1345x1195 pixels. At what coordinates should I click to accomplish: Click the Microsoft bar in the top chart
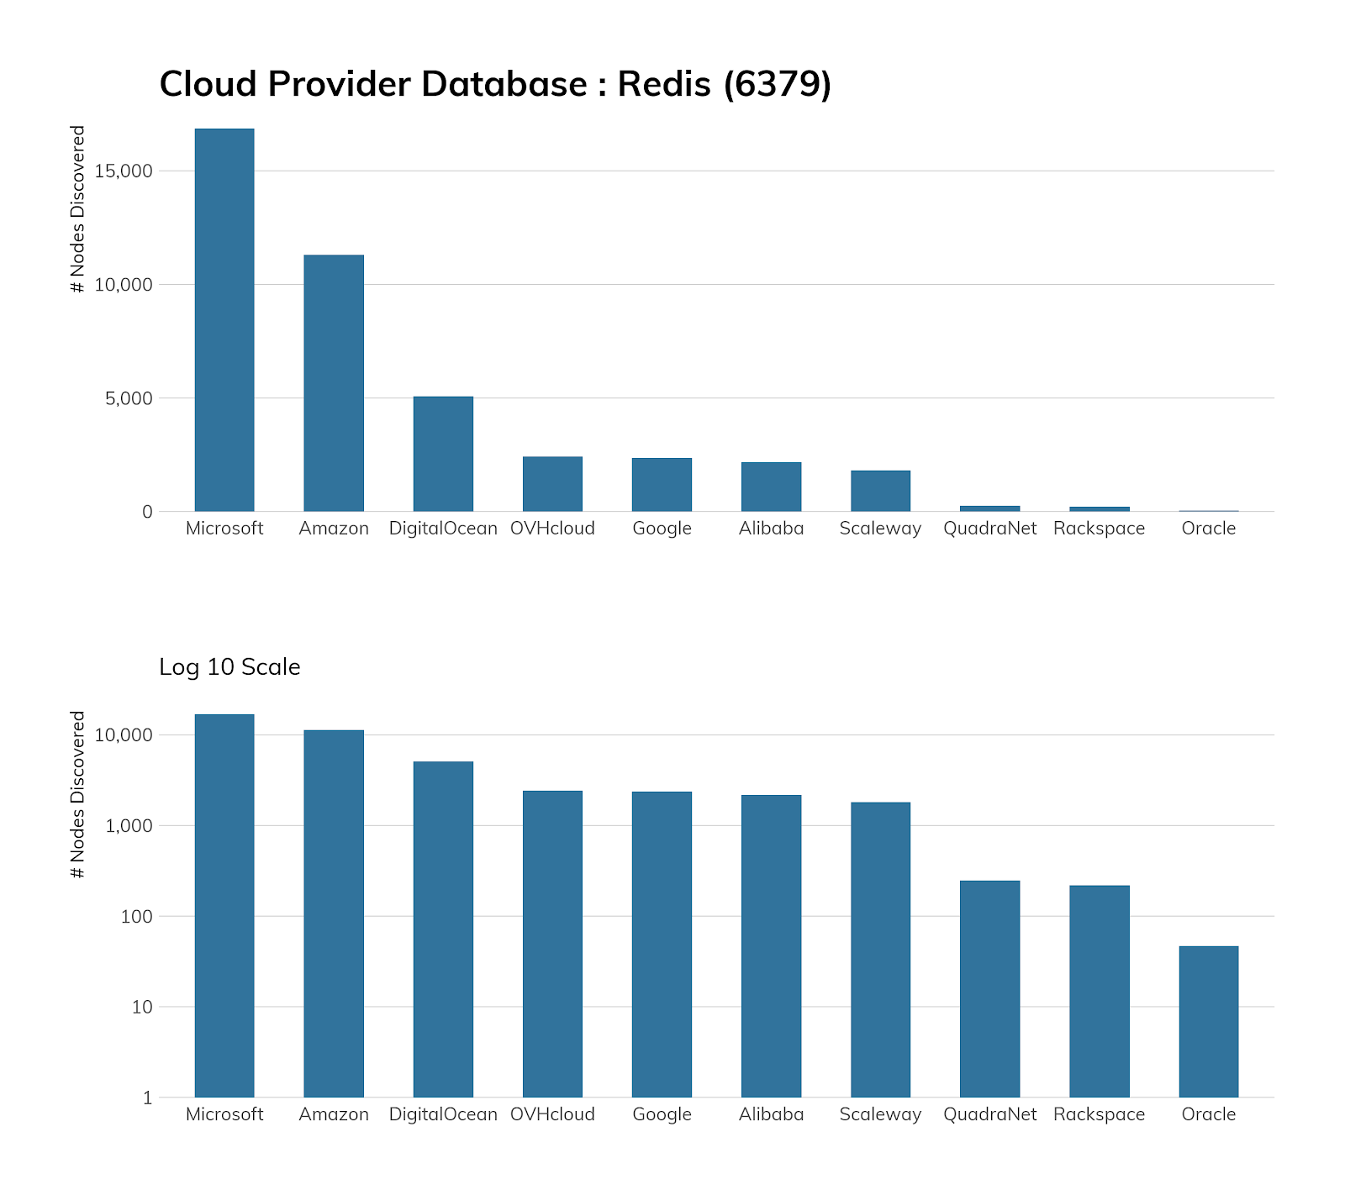[x=224, y=319]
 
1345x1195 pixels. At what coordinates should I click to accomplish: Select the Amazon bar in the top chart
[x=334, y=382]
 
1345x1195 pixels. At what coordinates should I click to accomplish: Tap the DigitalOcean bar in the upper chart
[x=443, y=454]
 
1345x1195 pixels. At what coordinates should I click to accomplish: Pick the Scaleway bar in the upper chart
[x=880, y=491]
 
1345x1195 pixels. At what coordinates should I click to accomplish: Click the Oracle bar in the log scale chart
[x=1208, y=1021]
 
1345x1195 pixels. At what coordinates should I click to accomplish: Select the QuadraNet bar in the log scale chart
[x=989, y=988]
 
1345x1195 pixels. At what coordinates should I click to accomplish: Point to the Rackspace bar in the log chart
[x=1099, y=991]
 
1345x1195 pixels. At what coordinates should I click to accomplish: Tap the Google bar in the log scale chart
[x=662, y=944]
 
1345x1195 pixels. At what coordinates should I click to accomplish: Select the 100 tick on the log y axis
[x=136, y=916]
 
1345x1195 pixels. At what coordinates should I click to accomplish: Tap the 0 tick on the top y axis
[x=147, y=512]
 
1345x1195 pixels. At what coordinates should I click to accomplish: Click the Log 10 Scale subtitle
[x=229, y=667]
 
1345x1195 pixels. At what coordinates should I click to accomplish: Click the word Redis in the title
[x=664, y=84]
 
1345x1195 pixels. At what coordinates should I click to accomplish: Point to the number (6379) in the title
[x=778, y=84]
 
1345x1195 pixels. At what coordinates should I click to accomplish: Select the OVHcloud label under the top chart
[x=552, y=529]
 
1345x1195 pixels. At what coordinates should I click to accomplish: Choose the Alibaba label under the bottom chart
[x=771, y=1114]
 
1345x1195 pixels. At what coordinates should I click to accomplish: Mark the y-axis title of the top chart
[x=78, y=209]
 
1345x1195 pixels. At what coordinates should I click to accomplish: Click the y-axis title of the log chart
[x=78, y=795]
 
